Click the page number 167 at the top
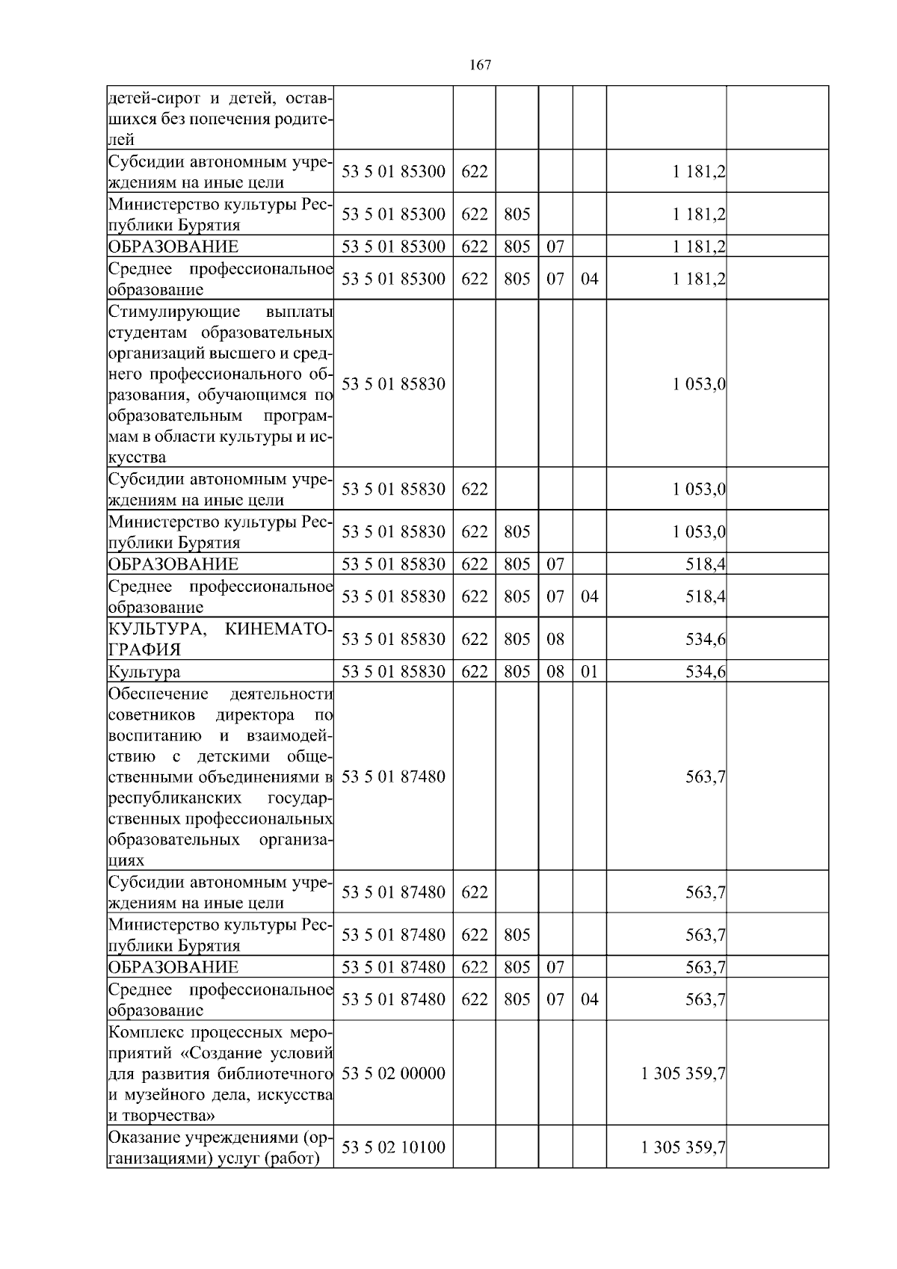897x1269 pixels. (x=480, y=65)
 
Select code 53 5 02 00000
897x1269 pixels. (x=393, y=1073)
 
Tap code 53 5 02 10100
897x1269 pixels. (x=393, y=1146)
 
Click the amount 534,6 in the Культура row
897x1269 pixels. (x=706, y=671)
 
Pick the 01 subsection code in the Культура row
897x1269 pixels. (x=589, y=671)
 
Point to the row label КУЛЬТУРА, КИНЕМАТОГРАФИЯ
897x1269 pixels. (x=221, y=639)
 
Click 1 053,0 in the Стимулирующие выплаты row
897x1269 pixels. (x=699, y=384)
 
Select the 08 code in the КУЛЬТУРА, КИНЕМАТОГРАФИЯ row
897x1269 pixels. (x=555, y=639)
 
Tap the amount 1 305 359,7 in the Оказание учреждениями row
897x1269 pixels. (x=682, y=1146)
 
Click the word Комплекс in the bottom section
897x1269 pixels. (x=144, y=1033)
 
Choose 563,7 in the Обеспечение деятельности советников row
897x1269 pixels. (x=706, y=776)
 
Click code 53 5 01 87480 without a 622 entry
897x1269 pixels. (x=393, y=776)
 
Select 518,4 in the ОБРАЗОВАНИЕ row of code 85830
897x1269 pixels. (x=706, y=564)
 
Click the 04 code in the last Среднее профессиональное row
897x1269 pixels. (x=589, y=999)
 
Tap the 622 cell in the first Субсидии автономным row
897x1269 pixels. (x=474, y=171)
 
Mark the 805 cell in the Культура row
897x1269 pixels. (x=517, y=671)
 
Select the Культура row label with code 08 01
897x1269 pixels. (x=144, y=672)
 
